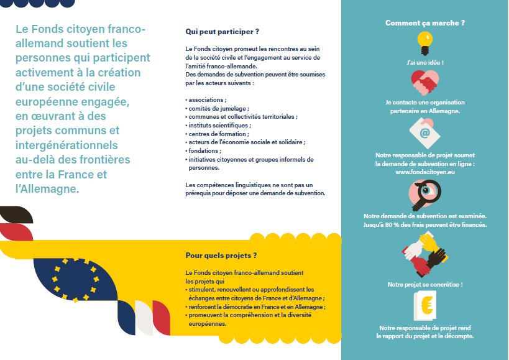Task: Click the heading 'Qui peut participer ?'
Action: (x=222, y=31)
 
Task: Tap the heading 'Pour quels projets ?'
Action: (x=221, y=255)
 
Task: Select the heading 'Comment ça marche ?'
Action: (x=425, y=23)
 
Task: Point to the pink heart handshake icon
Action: (x=425, y=81)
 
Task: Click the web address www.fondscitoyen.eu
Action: (x=425, y=172)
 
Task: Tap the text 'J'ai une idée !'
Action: (x=425, y=63)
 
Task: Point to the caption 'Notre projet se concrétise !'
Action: (x=425, y=284)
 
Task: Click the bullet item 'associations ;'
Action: (x=207, y=99)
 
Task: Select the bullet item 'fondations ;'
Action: (x=204, y=150)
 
